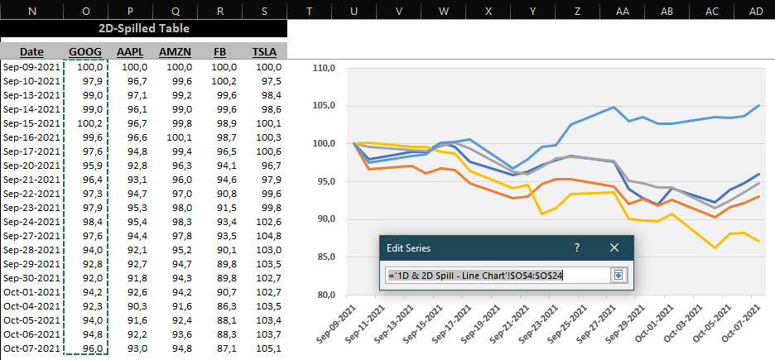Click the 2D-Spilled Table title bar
(143, 28)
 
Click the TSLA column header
(263, 51)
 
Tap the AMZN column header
(175, 51)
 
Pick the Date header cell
(31, 51)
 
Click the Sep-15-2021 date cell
(31, 123)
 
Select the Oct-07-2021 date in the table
(31, 348)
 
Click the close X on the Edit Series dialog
(614, 247)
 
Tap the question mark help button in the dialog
(577, 247)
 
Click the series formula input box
(497, 275)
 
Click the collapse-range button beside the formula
(616, 275)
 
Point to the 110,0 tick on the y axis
(322, 69)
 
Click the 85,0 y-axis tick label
(324, 257)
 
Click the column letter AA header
(622, 10)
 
